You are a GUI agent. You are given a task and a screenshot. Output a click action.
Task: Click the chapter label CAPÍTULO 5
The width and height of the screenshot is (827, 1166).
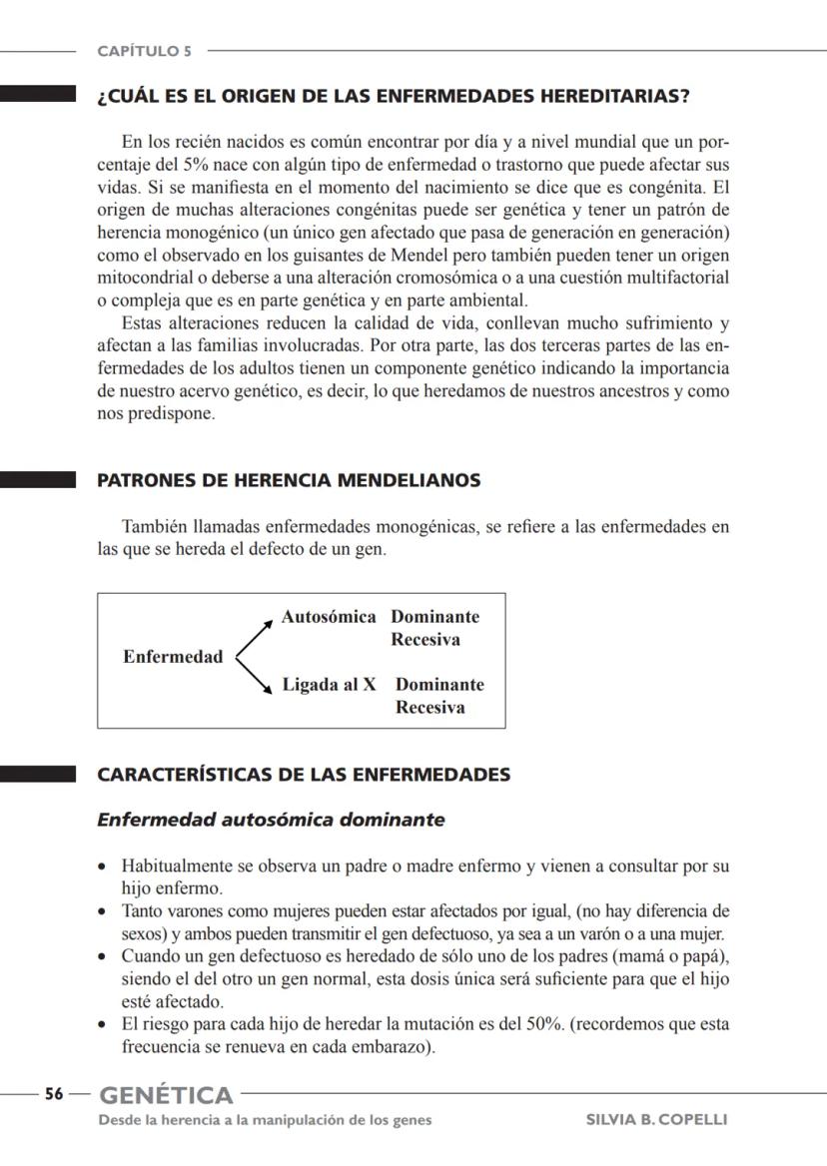click(x=145, y=51)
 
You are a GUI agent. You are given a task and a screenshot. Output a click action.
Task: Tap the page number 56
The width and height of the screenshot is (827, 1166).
click(x=54, y=1094)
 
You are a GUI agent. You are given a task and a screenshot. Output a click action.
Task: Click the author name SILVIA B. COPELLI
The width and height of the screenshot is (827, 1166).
click(x=656, y=1119)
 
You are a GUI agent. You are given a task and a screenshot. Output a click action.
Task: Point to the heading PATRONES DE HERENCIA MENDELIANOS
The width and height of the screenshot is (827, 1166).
click(x=289, y=480)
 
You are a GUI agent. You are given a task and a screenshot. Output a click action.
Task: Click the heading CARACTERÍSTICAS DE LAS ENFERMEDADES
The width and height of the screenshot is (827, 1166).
click(x=304, y=775)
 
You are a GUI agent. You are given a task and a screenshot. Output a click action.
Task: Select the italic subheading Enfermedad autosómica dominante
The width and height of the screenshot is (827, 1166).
click(x=271, y=820)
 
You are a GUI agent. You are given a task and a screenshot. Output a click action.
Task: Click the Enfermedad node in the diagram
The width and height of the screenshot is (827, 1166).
click(x=173, y=657)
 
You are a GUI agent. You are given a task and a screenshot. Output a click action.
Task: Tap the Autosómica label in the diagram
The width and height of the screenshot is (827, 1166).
click(x=329, y=617)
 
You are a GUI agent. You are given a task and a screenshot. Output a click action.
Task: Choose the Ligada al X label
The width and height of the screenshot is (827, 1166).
click(x=329, y=685)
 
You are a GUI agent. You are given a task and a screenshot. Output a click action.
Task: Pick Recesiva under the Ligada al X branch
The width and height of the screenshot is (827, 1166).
click(x=429, y=708)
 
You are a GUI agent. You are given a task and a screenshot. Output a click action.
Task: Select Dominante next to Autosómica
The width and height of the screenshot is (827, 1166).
click(x=434, y=617)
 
